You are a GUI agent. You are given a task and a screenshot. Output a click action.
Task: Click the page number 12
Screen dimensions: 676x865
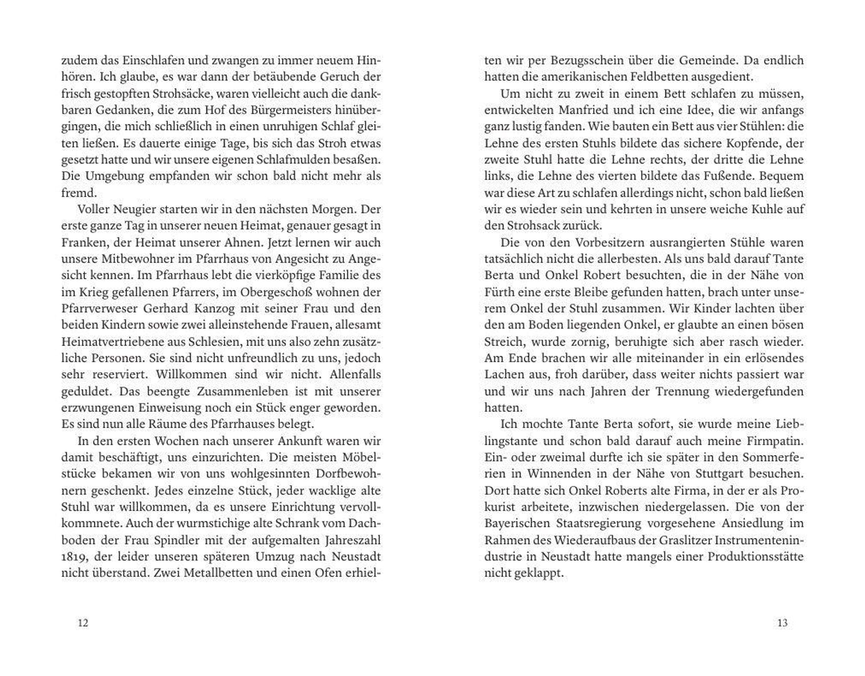click(x=83, y=623)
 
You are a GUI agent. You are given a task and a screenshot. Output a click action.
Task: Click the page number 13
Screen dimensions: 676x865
click(x=782, y=623)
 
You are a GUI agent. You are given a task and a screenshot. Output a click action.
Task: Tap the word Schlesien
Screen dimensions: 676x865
click(x=215, y=342)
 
